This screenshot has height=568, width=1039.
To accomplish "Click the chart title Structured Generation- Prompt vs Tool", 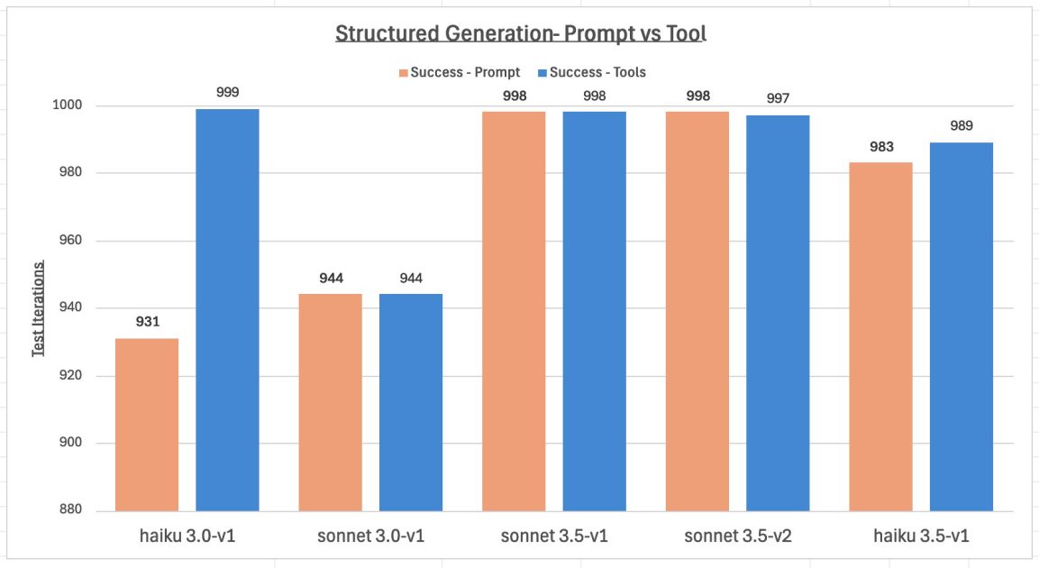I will (520, 34).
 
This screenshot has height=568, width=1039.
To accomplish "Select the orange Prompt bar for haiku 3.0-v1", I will (147, 424).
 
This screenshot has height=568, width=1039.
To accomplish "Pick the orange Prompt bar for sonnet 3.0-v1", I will (331, 402).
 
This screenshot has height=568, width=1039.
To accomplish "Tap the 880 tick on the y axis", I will (70, 510).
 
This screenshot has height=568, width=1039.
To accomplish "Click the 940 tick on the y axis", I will (70, 308).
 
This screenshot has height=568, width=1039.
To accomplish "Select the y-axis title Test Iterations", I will (39, 308).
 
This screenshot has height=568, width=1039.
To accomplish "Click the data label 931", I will (148, 321).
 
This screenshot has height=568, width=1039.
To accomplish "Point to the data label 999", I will (228, 92).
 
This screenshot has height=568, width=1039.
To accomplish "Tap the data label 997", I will (778, 98).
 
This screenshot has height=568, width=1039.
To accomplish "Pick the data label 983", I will (881, 146).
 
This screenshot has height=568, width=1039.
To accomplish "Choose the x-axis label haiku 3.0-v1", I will (187, 536).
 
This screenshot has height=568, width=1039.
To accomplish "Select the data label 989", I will (962, 125).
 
